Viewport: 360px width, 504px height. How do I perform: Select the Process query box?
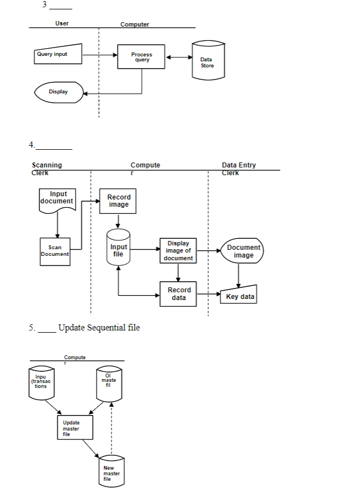click(141, 57)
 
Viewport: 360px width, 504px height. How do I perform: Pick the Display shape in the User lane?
click(59, 92)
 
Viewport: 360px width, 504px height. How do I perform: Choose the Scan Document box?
click(55, 251)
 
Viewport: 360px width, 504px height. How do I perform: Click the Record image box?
click(118, 201)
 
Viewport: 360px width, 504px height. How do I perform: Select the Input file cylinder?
click(118, 249)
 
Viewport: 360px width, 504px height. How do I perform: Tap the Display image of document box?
click(178, 251)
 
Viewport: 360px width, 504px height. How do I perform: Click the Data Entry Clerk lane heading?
click(239, 169)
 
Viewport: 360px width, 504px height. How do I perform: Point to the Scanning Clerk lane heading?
click(47, 169)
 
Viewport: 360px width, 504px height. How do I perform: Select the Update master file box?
click(75, 427)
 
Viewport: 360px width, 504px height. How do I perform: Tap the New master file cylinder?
click(111, 472)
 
